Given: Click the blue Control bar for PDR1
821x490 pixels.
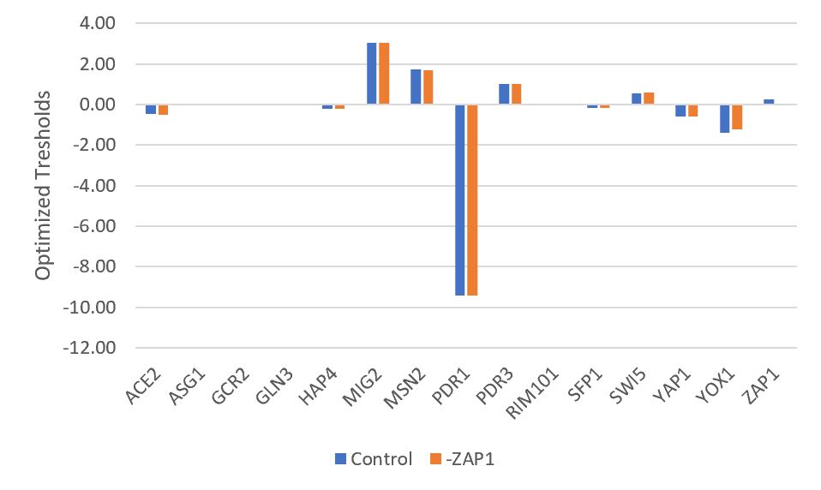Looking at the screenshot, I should point(460,200).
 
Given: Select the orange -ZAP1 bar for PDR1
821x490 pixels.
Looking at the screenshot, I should point(471,200).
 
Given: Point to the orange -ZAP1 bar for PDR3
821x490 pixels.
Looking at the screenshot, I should point(516,94).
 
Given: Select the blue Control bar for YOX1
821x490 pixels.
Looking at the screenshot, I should point(725,118).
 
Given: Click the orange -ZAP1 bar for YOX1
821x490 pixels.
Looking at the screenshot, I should point(736,117).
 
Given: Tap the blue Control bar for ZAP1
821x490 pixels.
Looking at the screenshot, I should point(769,102).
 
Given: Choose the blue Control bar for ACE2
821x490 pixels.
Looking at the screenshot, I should point(151,109).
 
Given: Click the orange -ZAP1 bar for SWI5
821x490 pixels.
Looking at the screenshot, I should point(648,99).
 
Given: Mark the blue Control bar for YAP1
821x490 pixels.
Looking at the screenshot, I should point(680,111).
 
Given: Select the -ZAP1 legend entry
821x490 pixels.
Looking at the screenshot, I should point(460,459).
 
